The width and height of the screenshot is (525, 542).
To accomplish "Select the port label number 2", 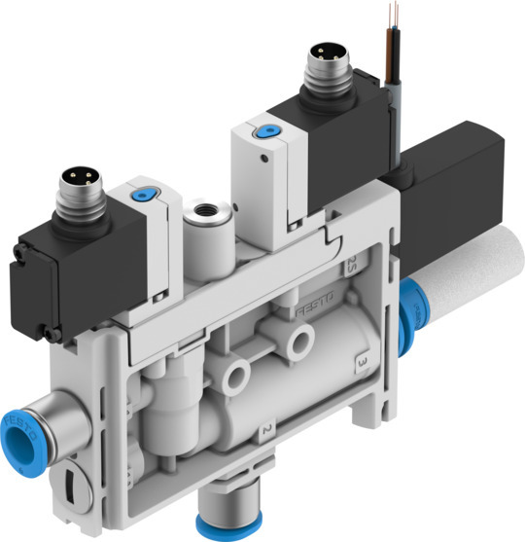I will point(262,427).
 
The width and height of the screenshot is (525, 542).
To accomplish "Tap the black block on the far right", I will point(457,185).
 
